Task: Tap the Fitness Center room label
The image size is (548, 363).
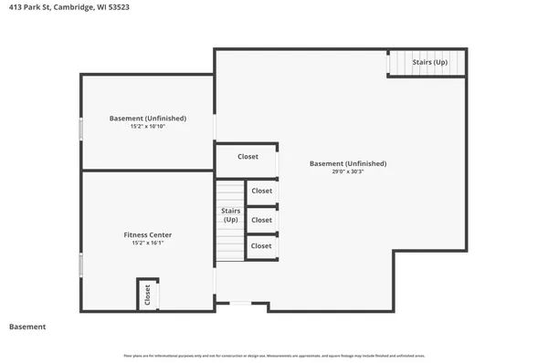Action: pos(147,235)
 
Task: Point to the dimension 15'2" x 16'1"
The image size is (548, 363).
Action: pos(147,244)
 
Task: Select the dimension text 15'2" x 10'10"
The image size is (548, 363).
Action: pos(147,127)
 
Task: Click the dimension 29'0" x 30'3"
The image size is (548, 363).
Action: pos(347,171)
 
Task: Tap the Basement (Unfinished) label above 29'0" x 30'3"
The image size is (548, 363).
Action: pos(347,163)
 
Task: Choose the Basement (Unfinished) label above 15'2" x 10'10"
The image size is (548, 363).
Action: pos(147,119)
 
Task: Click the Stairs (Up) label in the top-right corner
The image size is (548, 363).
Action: pos(429,63)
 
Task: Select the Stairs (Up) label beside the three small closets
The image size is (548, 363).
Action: pos(231,215)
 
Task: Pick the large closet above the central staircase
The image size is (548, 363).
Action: pos(247,157)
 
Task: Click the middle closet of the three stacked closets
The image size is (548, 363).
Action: pos(261,220)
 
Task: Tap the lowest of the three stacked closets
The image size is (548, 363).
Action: pos(261,246)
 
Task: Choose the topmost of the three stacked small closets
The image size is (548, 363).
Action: pos(261,191)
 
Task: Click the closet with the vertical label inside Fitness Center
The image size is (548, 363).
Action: pos(146,296)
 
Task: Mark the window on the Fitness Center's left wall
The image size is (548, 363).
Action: pos(81,265)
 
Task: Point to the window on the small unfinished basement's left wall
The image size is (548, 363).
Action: pos(81,127)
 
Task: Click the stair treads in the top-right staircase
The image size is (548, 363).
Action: pos(398,63)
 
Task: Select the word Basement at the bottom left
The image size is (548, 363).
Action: pos(27,327)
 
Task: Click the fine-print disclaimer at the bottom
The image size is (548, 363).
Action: pos(274,356)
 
